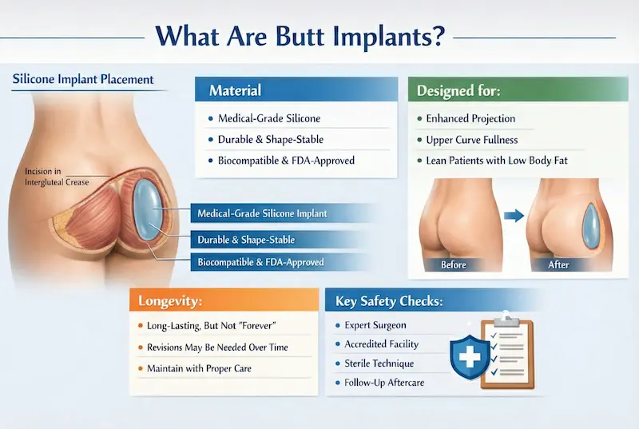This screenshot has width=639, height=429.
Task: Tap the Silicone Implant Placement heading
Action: pos(84,80)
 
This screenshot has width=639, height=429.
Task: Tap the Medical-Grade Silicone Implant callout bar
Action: pos(261,213)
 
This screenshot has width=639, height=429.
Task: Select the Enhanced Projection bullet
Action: pos(471,118)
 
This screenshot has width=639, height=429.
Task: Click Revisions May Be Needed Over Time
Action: pos(217,348)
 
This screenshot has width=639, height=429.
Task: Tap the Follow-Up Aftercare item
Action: pos(384,383)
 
